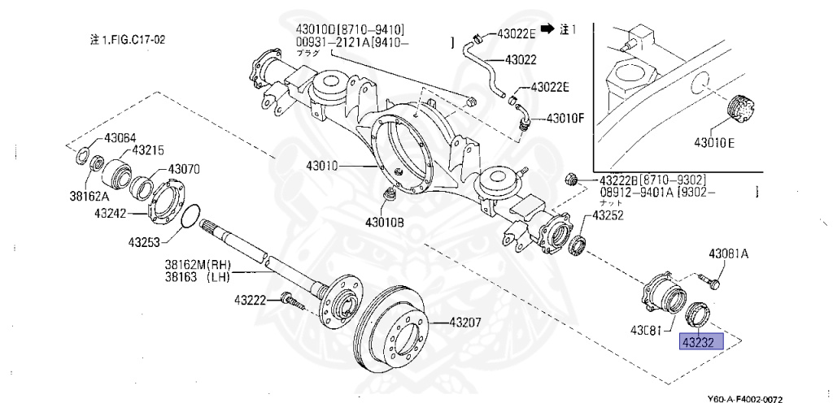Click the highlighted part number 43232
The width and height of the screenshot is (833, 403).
pos(699,342)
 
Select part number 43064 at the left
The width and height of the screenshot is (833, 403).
pos(121,137)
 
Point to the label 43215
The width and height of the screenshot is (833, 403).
pos(149,150)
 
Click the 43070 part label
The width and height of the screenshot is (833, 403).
pos(184,170)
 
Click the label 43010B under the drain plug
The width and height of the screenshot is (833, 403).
pos(385,222)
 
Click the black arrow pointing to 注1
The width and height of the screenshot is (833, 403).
pos(548,28)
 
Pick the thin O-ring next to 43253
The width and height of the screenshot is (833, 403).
pos(189,217)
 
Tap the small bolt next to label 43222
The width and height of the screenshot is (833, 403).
pos(292,301)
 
